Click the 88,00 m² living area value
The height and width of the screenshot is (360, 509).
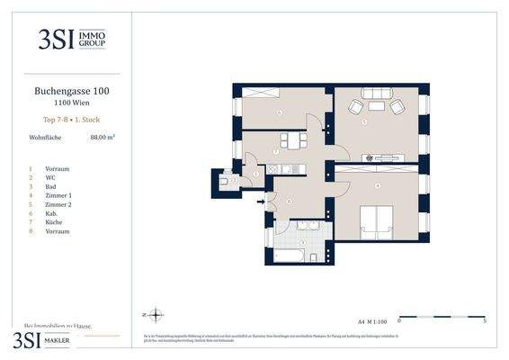pyautogui.click(x=102, y=138)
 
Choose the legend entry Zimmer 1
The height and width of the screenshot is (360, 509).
pyautogui.click(x=57, y=194)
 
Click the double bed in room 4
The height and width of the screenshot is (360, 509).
pyautogui.click(x=376, y=220)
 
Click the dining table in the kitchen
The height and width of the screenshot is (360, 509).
pyautogui.click(x=292, y=141)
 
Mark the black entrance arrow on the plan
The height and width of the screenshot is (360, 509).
pyautogui.click(x=262, y=202)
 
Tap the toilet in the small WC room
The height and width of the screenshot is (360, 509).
pyautogui.click(x=224, y=180)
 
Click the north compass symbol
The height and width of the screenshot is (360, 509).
pyautogui.click(x=154, y=315)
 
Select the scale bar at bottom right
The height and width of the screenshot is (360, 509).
pyautogui.click(x=442, y=318)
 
